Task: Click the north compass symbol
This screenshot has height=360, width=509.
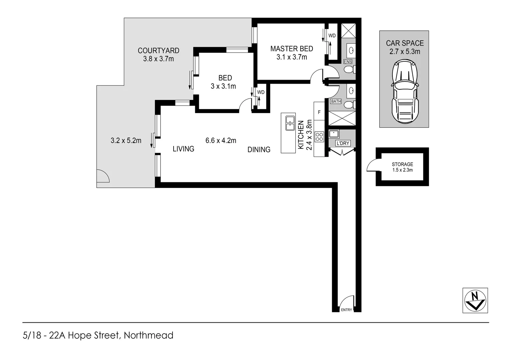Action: [475, 300]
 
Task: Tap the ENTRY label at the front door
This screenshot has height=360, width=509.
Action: [346, 310]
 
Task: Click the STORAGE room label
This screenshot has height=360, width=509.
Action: [402, 164]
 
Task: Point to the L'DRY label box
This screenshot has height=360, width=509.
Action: [343, 143]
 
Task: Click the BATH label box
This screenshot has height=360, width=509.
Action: [336, 101]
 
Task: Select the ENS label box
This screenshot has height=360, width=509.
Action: [348, 62]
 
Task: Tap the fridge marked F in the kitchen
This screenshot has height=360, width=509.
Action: [319, 112]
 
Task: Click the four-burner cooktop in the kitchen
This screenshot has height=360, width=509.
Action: [319, 137]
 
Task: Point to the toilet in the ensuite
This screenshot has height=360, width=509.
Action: [349, 70]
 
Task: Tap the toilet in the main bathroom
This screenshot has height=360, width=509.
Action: [349, 105]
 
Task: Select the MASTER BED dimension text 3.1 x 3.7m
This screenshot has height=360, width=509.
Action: [291, 57]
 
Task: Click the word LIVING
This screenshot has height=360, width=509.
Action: [183, 149]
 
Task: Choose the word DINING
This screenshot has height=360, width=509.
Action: [259, 150]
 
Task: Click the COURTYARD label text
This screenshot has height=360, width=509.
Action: [159, 51]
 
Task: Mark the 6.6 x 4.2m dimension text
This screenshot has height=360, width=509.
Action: [221, 141]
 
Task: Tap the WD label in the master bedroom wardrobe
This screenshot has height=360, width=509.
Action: [332, 36]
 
